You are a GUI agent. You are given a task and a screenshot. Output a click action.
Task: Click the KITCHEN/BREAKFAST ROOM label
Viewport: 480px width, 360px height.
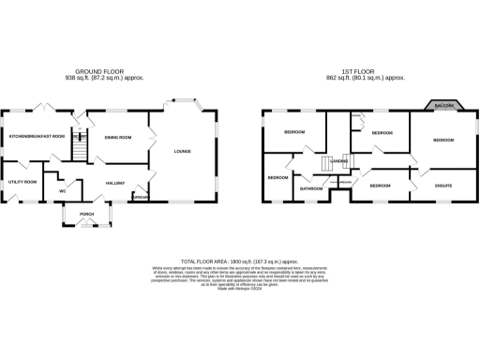[x=37, y=137]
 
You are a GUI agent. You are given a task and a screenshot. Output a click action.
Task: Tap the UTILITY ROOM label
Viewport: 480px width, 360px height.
[x=23, y=181]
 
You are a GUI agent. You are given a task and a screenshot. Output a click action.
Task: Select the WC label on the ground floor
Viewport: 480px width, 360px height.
[x=62, y=190]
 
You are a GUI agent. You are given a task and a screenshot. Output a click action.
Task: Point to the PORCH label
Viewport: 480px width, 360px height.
[x=86, y=215]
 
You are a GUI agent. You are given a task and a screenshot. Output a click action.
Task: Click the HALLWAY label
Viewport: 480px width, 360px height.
[x=115, y=182]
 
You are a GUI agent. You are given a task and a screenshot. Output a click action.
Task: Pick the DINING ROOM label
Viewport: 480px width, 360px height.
[x=117, y=138]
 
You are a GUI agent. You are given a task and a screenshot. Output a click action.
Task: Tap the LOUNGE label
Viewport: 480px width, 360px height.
[x=182, y=151]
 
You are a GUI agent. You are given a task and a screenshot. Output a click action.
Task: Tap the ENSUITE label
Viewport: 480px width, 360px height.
[x=443, y=186]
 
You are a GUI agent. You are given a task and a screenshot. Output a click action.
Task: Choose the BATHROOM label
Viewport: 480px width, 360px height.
[x=311, y=188]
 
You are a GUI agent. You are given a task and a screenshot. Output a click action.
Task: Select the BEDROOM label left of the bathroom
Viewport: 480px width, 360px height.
[x=278, y=177]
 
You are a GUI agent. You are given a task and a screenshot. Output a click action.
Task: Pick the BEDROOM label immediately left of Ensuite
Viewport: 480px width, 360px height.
[x=380, y=186]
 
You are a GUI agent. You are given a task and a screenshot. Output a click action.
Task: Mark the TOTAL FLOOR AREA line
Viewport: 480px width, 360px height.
[x=239, y=262]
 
